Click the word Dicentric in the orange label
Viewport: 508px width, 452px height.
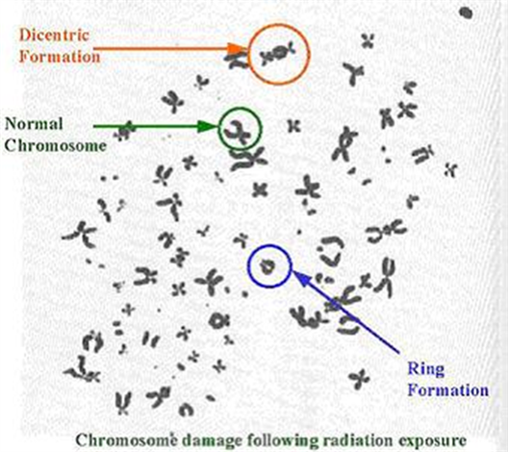click(x=54, y=35)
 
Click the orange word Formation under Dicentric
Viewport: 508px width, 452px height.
click(x=60, y=57)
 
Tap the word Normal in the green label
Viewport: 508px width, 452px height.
click(x=34, y=124)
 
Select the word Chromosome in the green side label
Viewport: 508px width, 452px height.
click(x=56, y=145)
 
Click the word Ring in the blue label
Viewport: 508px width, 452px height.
click(x=425, y=369)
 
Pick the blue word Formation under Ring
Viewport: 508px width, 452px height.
click(x=448, y=389)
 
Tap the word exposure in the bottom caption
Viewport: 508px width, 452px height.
click(x=433, y=441)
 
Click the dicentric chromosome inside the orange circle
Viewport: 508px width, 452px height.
click(x=278, y=54)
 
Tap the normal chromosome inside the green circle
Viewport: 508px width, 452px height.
click(x=239, y=130)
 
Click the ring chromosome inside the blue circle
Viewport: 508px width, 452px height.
click(x=267, y=266)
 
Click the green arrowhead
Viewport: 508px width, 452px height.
click(x=208, y=127)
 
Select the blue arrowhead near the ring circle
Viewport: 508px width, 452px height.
click(x=300, y=279)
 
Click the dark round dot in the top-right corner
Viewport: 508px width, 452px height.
click(x=467, y=13)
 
